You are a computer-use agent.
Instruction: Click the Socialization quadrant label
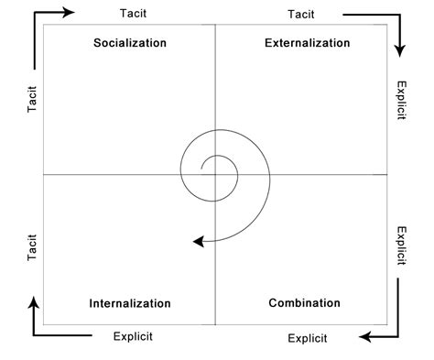[130, 43]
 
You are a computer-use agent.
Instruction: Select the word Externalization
[307, 43]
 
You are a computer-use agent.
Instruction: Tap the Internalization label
[130, 303]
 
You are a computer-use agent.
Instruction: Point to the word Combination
[305, 303]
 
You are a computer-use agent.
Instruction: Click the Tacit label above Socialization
[134, 14]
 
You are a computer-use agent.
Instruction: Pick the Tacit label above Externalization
[301, 14]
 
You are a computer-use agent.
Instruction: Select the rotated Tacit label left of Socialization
[32, 102]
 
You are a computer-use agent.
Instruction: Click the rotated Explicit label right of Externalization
[400, 102]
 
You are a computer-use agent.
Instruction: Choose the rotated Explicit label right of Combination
[400, 245]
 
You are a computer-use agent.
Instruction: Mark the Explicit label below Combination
[307, 338]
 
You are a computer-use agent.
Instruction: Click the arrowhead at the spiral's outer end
[197, 241]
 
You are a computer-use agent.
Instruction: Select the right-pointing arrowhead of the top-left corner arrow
[71, 13]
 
